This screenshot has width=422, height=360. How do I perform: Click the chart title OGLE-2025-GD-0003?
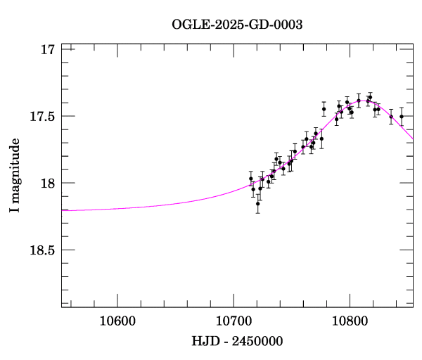pyautogui.click(x=237, y=25)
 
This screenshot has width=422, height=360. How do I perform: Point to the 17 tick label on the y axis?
pyautogui.click(x=48, y=50)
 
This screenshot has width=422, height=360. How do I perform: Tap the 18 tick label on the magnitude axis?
pyautogui.click(x=48, y=184)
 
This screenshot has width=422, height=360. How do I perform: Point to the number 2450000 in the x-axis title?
pyautogui.click(x=258, y=341)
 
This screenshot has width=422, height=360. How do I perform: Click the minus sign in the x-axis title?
pyautogui.click(x=226, y=342)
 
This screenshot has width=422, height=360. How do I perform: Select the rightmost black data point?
pyautogui.click(x=402, y=117)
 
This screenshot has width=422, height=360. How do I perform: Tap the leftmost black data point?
pyautogui.click(x=250, y=179)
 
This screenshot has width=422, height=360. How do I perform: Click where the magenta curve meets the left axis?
pyautogui.click(x=63, y=210)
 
